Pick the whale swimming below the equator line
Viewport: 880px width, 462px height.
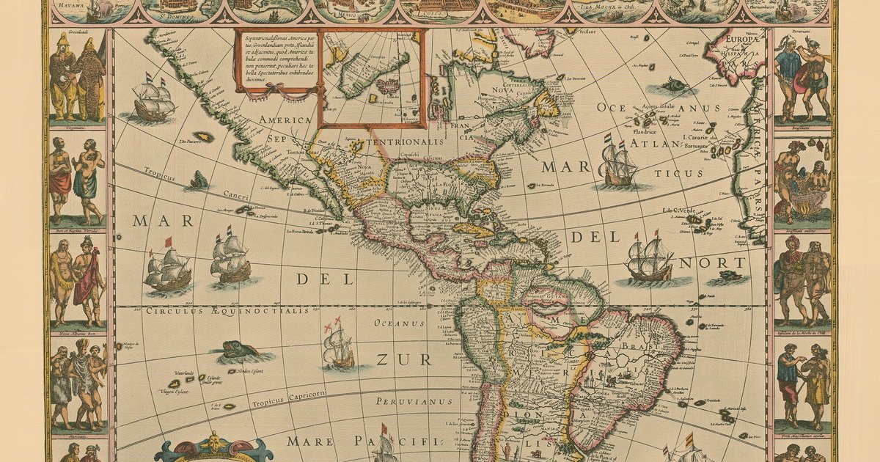(x=238, y=351)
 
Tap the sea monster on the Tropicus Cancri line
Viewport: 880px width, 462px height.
(x=198, y=180)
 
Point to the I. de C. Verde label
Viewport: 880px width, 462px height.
(x=678, y=211)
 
